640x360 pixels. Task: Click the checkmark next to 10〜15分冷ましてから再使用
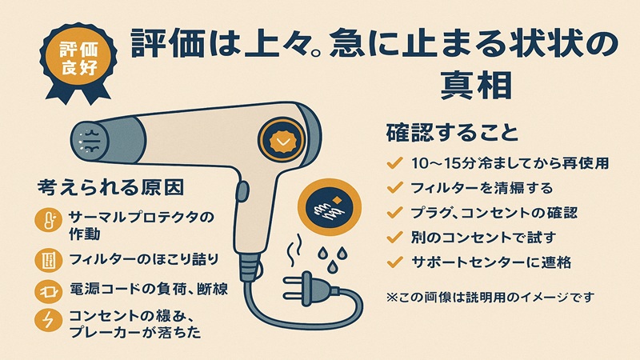pos(393,163)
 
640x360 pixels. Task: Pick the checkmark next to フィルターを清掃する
pos(393,188)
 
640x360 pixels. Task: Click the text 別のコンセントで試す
pos(472,237)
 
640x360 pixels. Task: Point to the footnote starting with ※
pos(490,298)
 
